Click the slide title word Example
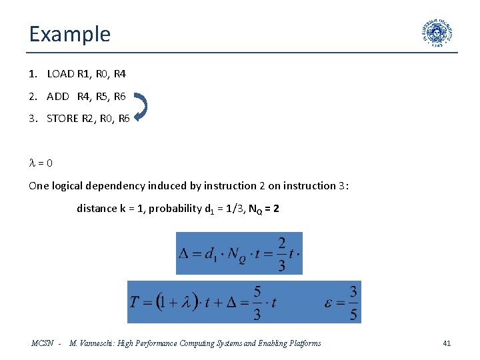pyautogui.click(x=69, y=33)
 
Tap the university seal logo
pyautogui.click(x=437, y=33)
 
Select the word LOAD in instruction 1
pyautogui.click(x=61, y=74)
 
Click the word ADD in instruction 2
pyautogui.click(x=58, y=96)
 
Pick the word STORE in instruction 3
pyautogui.click(x=63, y=118)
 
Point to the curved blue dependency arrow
pyautogui.click(x=141, y=107)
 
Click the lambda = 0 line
pyautogui.click(x=41, y=163)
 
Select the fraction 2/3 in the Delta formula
pyautogui.click(x=281, y=253)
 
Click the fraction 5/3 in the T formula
pyautogui.click(x=257, y=302)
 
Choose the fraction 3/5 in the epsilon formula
pyautogui.click(x=353, y=302)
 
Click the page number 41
pyautogui.click(x=447, y=343)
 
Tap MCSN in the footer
pyautogui.click(x=43, y=343)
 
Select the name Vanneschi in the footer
pyautogui.click(x=99, y=343)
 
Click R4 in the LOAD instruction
pyautogui.click(x=119, y=74)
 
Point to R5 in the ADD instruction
pyautogui.click(x=102, y=96)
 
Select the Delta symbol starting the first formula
pyautogui.click(x=185, y=254)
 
